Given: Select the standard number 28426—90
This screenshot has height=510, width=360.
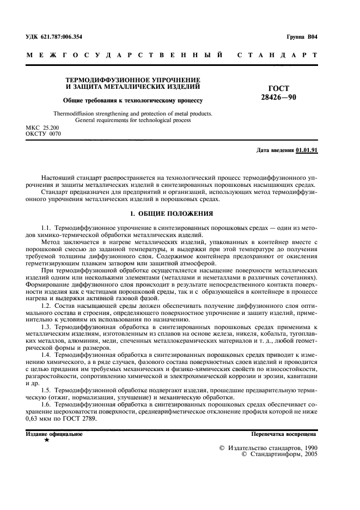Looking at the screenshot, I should point(279,98).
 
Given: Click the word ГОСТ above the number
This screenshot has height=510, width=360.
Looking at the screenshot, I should point(279,89).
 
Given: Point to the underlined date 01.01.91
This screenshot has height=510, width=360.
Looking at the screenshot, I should point(307,150).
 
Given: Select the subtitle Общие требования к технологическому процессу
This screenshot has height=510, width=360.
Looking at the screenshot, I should point(132,100).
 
